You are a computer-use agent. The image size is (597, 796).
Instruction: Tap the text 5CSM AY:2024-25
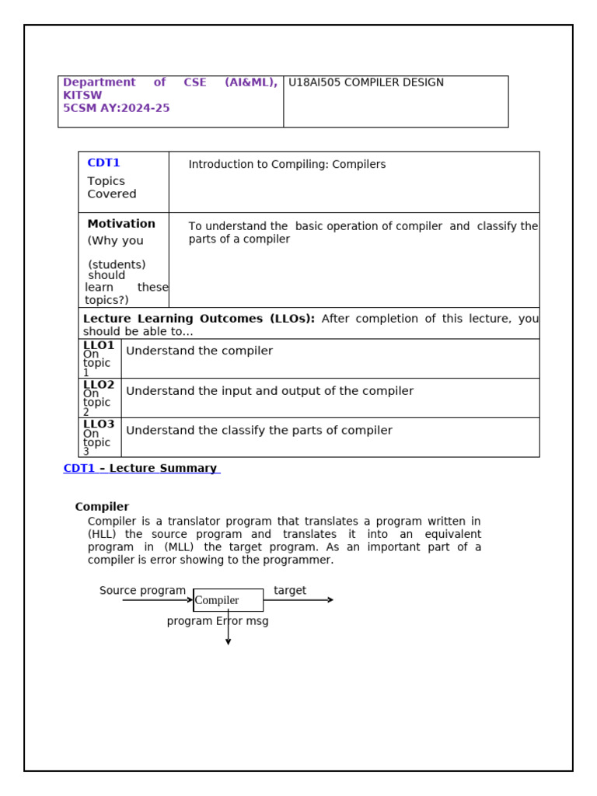[x=116, y=108]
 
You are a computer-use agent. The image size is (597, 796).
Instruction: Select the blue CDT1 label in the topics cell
[x=103, y=163]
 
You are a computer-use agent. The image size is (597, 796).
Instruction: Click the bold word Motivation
[x=121, y=224]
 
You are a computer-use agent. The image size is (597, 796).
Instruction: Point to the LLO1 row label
[x=99, y=345]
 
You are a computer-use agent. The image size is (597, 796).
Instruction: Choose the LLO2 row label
[x=99, y=385]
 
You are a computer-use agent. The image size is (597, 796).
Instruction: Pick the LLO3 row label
[x=99, y=424]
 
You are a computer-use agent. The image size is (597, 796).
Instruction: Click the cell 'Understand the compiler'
[x=199, y=351]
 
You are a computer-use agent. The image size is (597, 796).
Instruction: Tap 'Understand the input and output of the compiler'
[x=270, y=391]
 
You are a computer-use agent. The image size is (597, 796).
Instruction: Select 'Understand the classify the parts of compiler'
[x=259, y=431]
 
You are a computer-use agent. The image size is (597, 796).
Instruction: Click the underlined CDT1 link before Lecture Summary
[x=79, y=468]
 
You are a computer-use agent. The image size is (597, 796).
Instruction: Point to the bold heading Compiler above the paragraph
[x=102, y=507]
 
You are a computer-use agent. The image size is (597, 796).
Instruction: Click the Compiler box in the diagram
[x=228, y=600]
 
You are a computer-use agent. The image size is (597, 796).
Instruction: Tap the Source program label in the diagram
[x=142, y=591]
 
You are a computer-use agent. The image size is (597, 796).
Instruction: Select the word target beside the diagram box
[x=290, y=591]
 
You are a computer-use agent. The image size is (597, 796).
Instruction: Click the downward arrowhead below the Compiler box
[x=228, y=642]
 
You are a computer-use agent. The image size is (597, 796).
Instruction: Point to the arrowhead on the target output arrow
[x=330, y=600]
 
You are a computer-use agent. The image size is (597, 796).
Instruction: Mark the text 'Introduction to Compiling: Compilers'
[x=287, y=165]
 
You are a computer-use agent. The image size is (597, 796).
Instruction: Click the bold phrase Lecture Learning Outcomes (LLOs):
[x=199, y=319]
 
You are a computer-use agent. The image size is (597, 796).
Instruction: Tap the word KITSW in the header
[x=82, y=96]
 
